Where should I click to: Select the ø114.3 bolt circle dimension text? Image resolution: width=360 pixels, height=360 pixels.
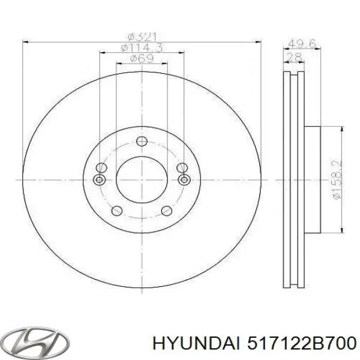(x=142, y=47)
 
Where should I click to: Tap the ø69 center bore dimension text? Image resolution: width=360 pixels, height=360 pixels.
(x=142, y=58)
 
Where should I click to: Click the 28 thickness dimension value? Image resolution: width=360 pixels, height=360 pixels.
(x=294, y=57)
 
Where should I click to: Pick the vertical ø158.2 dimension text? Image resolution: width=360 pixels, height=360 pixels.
(x=337, y=179)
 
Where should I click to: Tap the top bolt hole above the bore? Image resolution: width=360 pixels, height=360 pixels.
(x=142, y=142)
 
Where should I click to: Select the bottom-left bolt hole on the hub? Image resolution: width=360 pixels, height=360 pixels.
(x=118, y=211)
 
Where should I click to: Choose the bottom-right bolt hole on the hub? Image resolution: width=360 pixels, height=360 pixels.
(x=166, y=211)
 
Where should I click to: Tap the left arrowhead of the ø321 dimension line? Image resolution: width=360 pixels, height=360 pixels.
(x=25, y=41)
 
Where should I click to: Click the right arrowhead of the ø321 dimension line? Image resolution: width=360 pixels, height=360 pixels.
(x=259, y=41)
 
